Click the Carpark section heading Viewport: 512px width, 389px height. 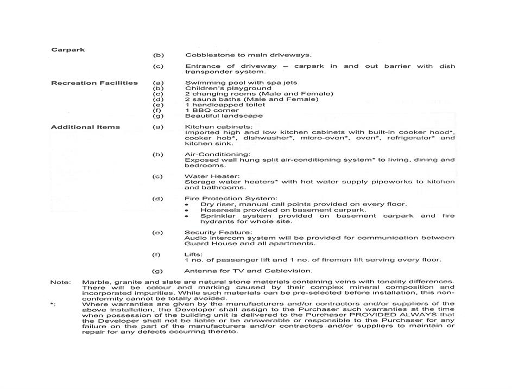[68, 50]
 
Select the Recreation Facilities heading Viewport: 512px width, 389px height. [94, 83]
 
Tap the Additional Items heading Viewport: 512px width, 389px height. [85, 127]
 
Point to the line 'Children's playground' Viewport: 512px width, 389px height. [228, 88]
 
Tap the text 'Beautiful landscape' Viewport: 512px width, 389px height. [224, 116]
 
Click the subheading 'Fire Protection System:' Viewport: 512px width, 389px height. [231, 199]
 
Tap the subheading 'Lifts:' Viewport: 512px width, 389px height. [194, 254]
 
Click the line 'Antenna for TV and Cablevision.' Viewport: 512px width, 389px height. [248, 271]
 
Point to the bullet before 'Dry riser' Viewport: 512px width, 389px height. [187, 205]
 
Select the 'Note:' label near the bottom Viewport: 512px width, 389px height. [60, 282]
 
